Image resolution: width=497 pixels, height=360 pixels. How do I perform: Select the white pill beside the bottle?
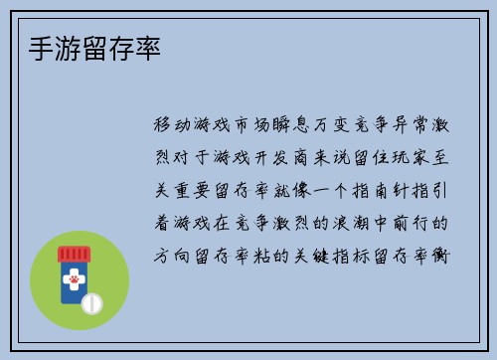(x=93, y=301)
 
